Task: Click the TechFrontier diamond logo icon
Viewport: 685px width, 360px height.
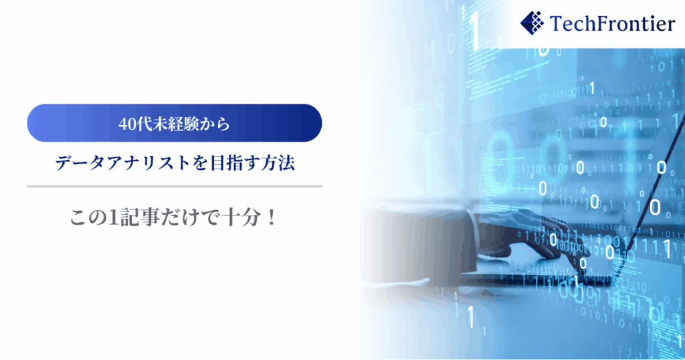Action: coord(532,23)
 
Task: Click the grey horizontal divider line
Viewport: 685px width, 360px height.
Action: coord(175,187)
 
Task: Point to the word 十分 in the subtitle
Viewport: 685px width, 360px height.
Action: coord(241,217)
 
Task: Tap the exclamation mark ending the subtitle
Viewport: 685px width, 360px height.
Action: coord(272,217)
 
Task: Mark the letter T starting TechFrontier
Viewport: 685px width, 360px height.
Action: coord(557,23)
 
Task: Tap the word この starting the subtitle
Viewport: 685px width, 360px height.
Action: coord(89,217)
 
